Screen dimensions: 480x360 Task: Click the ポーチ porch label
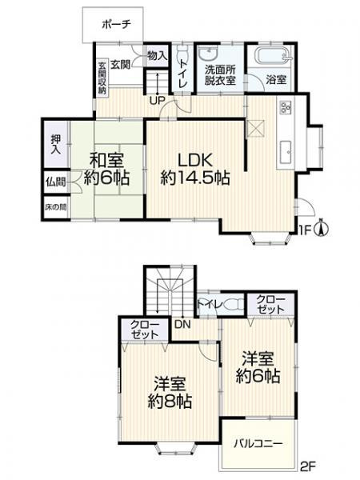116,25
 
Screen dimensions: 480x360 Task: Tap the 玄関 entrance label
121,64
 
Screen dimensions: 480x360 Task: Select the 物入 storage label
157,56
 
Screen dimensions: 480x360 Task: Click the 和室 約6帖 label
106,169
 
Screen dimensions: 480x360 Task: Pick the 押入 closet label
56,144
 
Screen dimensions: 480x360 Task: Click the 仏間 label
55,182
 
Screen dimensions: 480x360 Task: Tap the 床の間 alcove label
55,207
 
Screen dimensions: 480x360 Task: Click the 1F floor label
303,232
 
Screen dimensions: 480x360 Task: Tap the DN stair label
182,326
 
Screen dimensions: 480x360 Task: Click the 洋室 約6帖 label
258,366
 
